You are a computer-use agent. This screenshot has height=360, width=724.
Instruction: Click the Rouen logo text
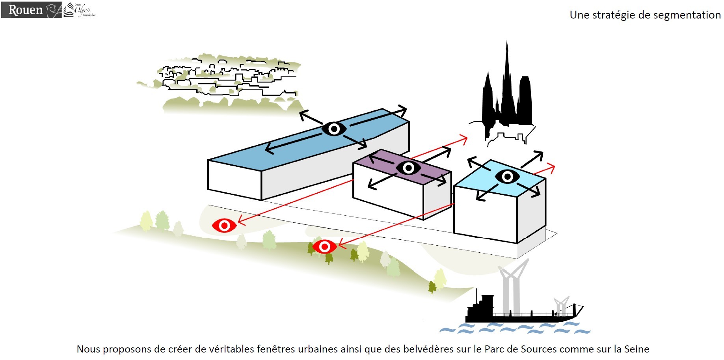click(25, 10)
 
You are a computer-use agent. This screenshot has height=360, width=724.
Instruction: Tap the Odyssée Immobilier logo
click(80, 10)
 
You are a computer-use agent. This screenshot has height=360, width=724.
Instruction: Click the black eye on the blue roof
click(334, 129)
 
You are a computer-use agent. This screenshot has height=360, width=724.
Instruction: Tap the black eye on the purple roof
click(408, 168)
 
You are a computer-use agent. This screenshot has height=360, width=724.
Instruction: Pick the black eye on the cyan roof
click(507, 176)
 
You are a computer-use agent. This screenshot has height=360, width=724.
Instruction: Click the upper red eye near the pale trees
click(224, 226)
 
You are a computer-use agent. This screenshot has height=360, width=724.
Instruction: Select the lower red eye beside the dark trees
click(324, 247)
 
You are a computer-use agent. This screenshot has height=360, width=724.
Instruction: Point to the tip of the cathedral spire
click(507, 41)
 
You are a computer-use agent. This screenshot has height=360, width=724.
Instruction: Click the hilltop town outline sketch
click(229, 79)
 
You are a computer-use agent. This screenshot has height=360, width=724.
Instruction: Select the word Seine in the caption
click(637, 349)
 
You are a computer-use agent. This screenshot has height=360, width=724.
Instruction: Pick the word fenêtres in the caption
click(275, 349)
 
